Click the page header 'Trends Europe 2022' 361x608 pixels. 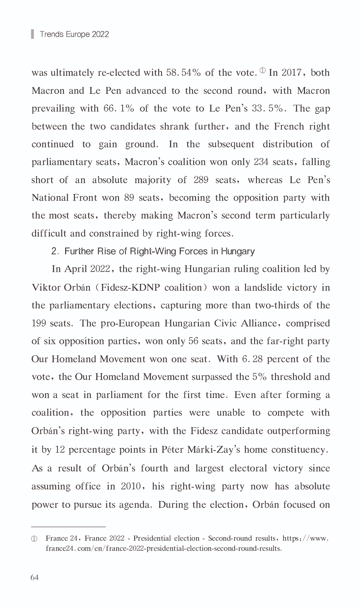pyautogui.click(x=74, y=34)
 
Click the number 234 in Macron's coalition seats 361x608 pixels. pyautogui.click(x=261, y=162)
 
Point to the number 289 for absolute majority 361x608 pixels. pyautogui.click(x=201, y=180)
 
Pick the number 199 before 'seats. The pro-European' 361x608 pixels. pyautogui.click(x=38, y=323)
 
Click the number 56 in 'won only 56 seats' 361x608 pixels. pyautogui.click(x=193, y=341)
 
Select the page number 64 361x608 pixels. pyautogui.click(x=34, y=578)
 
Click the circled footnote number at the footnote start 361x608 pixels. pyautogui.click(x=34, y=539)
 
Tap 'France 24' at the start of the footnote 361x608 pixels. pyautogui.click(x=62, y=538)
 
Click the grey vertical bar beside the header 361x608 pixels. pyautogui.click(x=32, y=34)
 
